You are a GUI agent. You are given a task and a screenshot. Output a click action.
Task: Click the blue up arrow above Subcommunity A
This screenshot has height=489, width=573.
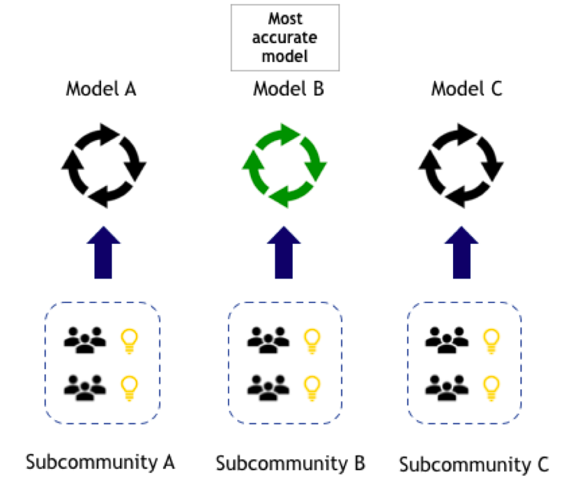point(103,252)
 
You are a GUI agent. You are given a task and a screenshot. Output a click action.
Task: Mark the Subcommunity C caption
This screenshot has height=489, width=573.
point(475,463)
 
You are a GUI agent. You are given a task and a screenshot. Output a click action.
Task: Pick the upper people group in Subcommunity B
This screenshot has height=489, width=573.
point(268,339)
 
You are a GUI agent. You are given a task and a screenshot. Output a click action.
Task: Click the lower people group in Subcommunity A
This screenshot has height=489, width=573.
point(84,386)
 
